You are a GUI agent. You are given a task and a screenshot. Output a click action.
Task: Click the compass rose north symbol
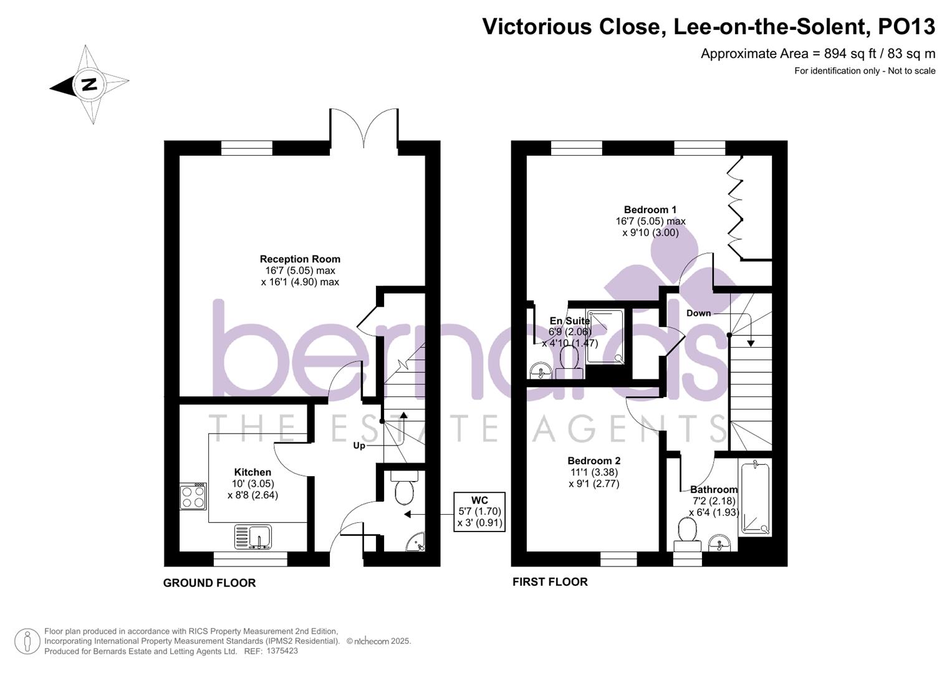pos(89,84)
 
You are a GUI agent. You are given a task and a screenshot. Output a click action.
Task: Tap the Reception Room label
pos(300,259)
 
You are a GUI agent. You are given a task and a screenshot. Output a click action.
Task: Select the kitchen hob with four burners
pos(193,497)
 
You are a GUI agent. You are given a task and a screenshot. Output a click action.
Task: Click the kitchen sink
pos(252,537)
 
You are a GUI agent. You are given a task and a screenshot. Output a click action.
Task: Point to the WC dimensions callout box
pos(479,512)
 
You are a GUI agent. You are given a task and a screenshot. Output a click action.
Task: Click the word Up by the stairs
pos(359,446)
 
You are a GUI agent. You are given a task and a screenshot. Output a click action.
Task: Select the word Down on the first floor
pos(698,313)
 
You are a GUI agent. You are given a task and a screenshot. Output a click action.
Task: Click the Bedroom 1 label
pos(650,210)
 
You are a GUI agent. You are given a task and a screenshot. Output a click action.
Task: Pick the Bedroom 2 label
pos(594,461)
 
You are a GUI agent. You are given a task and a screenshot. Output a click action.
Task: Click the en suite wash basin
pos(539,372)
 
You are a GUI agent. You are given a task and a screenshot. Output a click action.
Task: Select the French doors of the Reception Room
pos(363,130)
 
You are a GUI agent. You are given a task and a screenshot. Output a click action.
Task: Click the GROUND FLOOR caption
pos(209,583)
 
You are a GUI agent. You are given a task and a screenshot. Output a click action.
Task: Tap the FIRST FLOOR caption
pos(550,582)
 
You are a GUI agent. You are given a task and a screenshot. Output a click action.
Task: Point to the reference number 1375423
pos(282,651)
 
